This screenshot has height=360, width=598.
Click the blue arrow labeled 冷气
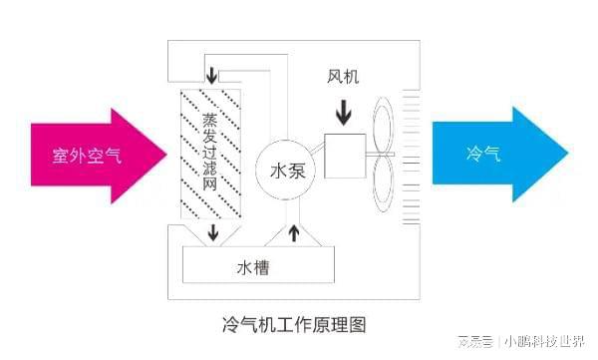click(x=498, y=156)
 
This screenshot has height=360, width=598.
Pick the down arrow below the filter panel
click(x=212, y=235)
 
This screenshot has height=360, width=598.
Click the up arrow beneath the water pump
click(x=293, y=232)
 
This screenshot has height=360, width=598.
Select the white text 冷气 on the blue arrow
click(x=487, y=156)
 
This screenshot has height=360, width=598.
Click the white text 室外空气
click(x=87, y=157)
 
